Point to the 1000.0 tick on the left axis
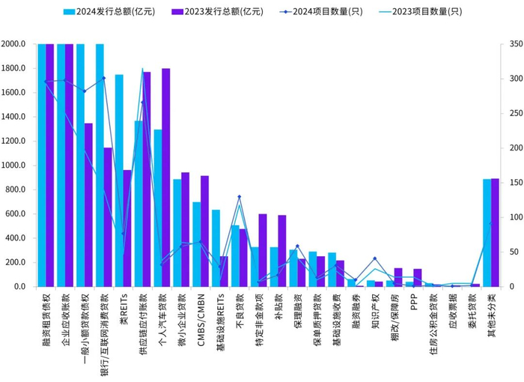pos(15,166)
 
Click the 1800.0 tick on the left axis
pos(15,68)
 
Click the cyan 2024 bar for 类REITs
pos(119,181)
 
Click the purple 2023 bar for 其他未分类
pos(495,232)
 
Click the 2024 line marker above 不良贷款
pos(240,197)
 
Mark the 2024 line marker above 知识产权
pos(375,259)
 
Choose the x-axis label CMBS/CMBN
pos(201,318)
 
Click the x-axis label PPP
pos(414,303)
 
